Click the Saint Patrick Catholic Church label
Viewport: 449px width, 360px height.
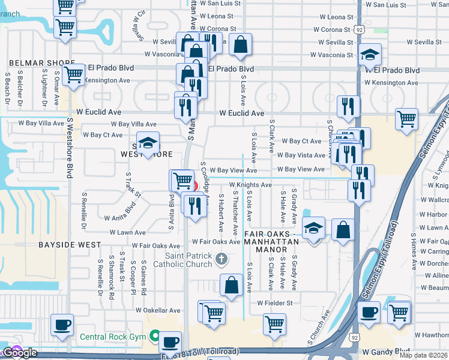(x=182, y=260)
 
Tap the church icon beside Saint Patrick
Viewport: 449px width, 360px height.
(x=221, y=259)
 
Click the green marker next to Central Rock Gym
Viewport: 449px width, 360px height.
(x=155, y=335)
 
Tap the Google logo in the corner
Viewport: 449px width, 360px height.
(x=19, y=353)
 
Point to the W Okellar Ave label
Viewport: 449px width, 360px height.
(x=158, y=311)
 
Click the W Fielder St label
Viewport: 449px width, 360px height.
(x=274, y=303)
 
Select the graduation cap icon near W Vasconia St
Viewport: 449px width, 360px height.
(x=370, y=55)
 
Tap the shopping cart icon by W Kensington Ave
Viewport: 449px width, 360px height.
(x=73, y=75)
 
